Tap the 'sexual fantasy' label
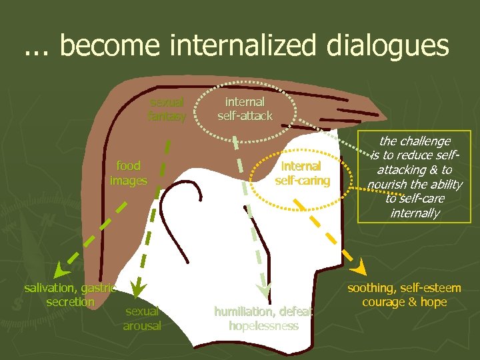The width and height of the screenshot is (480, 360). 167,109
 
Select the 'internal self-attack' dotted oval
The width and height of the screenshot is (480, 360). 245,109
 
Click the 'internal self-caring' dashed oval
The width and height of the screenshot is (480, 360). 302,173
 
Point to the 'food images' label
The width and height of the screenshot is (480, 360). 128,173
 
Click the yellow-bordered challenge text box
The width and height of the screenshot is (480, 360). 414,177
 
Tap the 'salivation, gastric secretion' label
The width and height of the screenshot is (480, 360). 70,295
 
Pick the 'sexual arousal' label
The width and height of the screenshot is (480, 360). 142,318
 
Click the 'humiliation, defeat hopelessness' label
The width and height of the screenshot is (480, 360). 263,318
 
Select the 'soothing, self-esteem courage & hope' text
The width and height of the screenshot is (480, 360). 404,295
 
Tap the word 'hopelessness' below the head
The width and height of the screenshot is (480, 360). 263,326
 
